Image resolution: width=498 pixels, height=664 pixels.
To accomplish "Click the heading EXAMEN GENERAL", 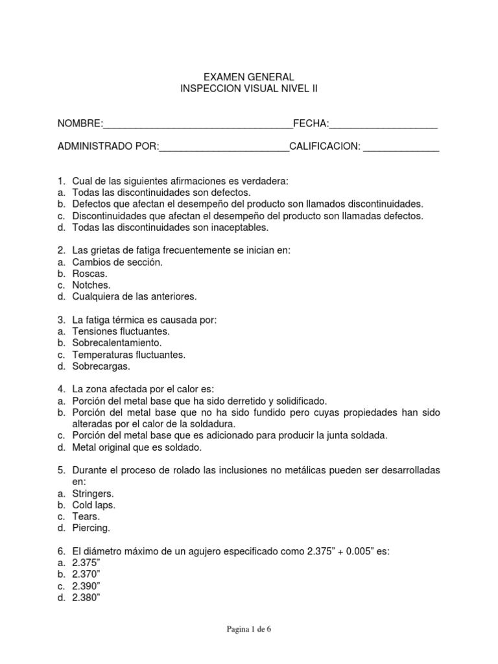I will pos(249,77).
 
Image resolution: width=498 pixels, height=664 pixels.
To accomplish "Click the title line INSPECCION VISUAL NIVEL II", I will pos(249,89).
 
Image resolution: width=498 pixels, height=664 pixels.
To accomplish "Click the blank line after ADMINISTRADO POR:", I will pos(224,147).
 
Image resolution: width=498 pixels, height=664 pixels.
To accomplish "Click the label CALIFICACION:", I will pos(324,147).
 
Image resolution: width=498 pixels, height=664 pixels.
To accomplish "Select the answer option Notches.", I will pos(91,285).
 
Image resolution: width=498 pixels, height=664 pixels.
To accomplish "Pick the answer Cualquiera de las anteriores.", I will pos(134,296).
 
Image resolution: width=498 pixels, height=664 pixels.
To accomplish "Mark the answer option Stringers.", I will pos(95,493).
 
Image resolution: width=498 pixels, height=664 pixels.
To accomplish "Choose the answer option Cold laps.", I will pos(94,504).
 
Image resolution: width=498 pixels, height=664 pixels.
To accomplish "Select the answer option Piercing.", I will pos(91,528).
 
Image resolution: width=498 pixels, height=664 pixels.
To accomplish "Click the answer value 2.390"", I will pos(86,586).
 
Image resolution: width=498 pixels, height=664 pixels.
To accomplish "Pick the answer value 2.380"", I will pos(86,597).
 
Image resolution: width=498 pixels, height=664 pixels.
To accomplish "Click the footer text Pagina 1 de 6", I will pos(249,629).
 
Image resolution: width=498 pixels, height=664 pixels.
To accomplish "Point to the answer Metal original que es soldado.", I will pos(137,447).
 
